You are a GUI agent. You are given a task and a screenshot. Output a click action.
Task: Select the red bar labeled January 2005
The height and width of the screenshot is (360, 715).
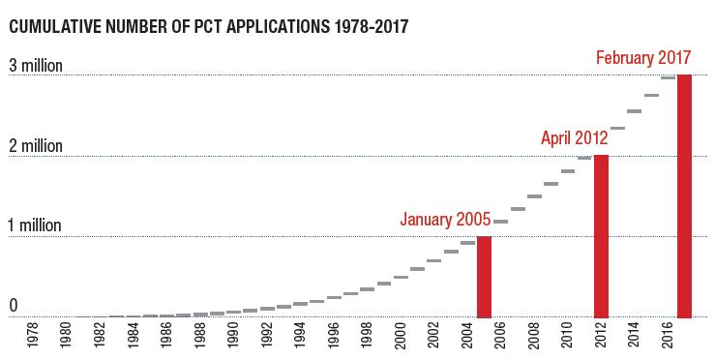(x=485, y=277)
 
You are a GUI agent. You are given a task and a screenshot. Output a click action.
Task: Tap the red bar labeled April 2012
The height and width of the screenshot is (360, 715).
(x=601, y=236)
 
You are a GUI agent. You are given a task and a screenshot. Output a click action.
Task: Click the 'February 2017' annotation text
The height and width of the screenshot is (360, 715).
(x=643, y=58)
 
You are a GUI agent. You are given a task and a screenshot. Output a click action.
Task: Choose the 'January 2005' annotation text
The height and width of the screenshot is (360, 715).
(x=446, y=219)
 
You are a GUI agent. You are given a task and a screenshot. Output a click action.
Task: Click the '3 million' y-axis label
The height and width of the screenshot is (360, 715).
(x=36, y=66)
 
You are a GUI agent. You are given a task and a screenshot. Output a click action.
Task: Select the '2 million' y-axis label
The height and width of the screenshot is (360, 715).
(x=36, y=146)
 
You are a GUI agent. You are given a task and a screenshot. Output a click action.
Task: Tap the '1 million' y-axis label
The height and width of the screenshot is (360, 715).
(x=36, y=225)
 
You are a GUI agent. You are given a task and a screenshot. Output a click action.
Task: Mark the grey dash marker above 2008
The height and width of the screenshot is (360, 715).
(x=534, y=196)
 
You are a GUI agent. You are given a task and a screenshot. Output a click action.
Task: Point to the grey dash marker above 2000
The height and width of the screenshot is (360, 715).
(x=401, y=277)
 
